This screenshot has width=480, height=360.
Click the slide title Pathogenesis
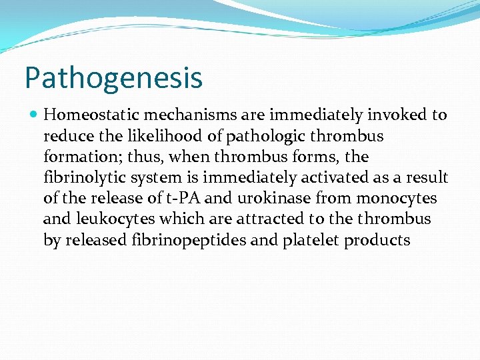pos(113,77)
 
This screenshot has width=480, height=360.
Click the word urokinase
pos(279,199)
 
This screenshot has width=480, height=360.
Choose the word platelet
pos(311,240)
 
